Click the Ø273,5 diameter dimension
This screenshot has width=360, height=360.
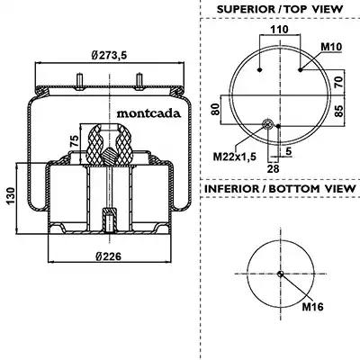click(x=109, y=55)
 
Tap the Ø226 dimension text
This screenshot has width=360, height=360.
click(x=109, y=256)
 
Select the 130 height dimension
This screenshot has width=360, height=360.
click(x=11, y=196)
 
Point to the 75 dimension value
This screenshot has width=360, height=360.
click(x=74, y=140)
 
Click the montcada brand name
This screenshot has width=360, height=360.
click(x=148, y=113)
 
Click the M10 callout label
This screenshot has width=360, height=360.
click(x=331, y=47)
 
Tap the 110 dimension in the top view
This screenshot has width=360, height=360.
click(x=279, y=30)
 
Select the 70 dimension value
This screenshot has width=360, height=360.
click(x=338, y=82)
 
